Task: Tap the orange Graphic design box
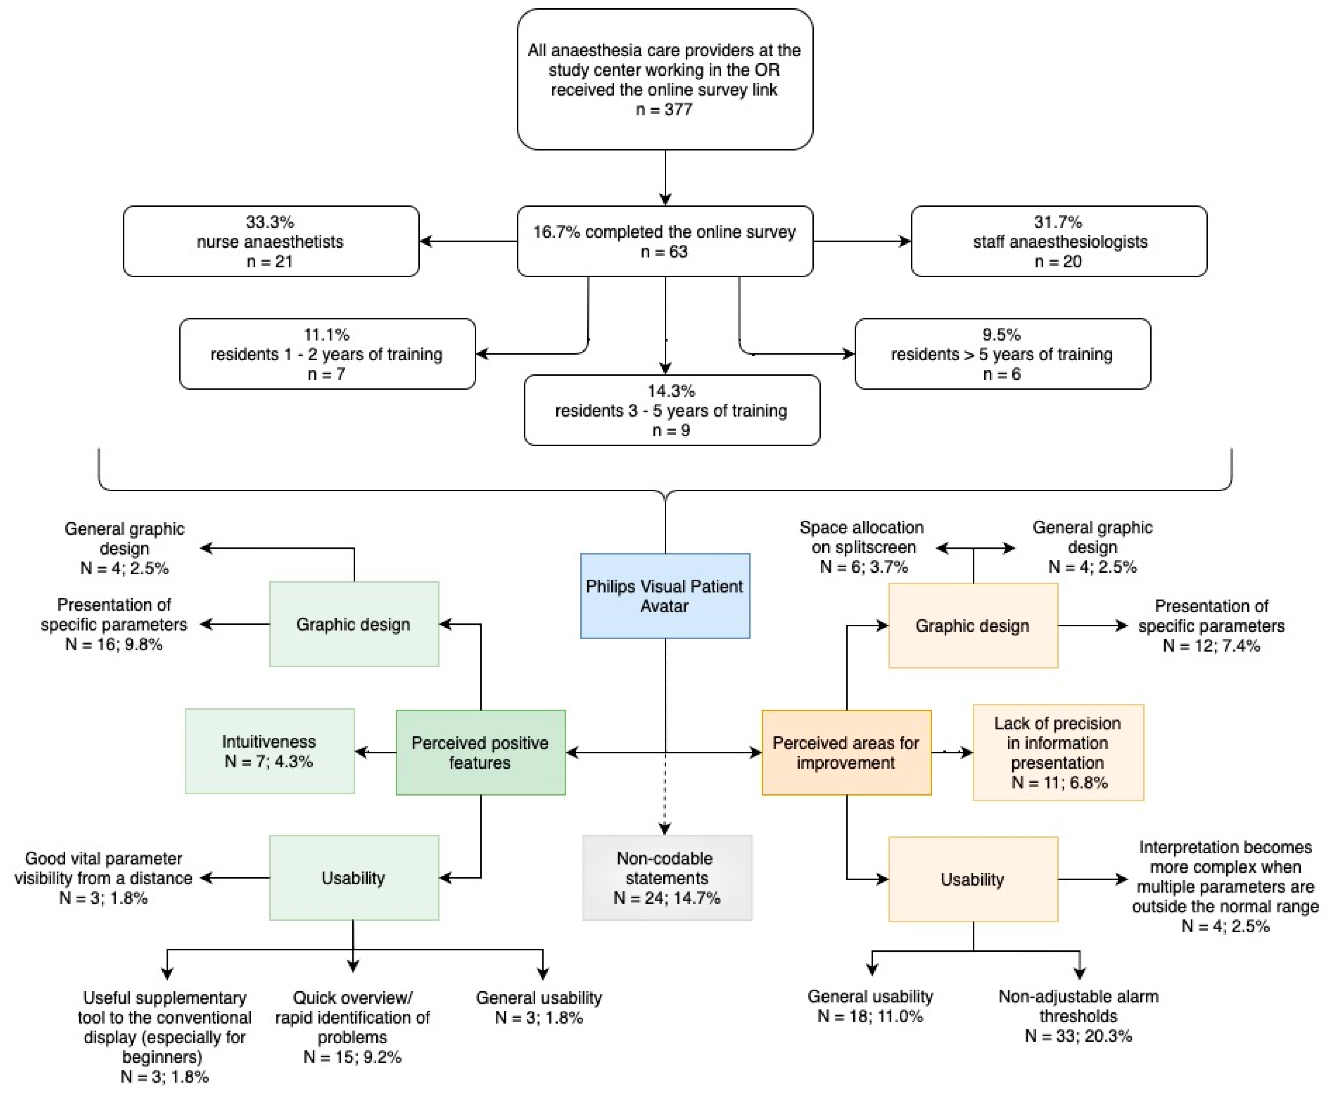click(972, 626)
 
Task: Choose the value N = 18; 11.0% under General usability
click(870, 1016)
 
